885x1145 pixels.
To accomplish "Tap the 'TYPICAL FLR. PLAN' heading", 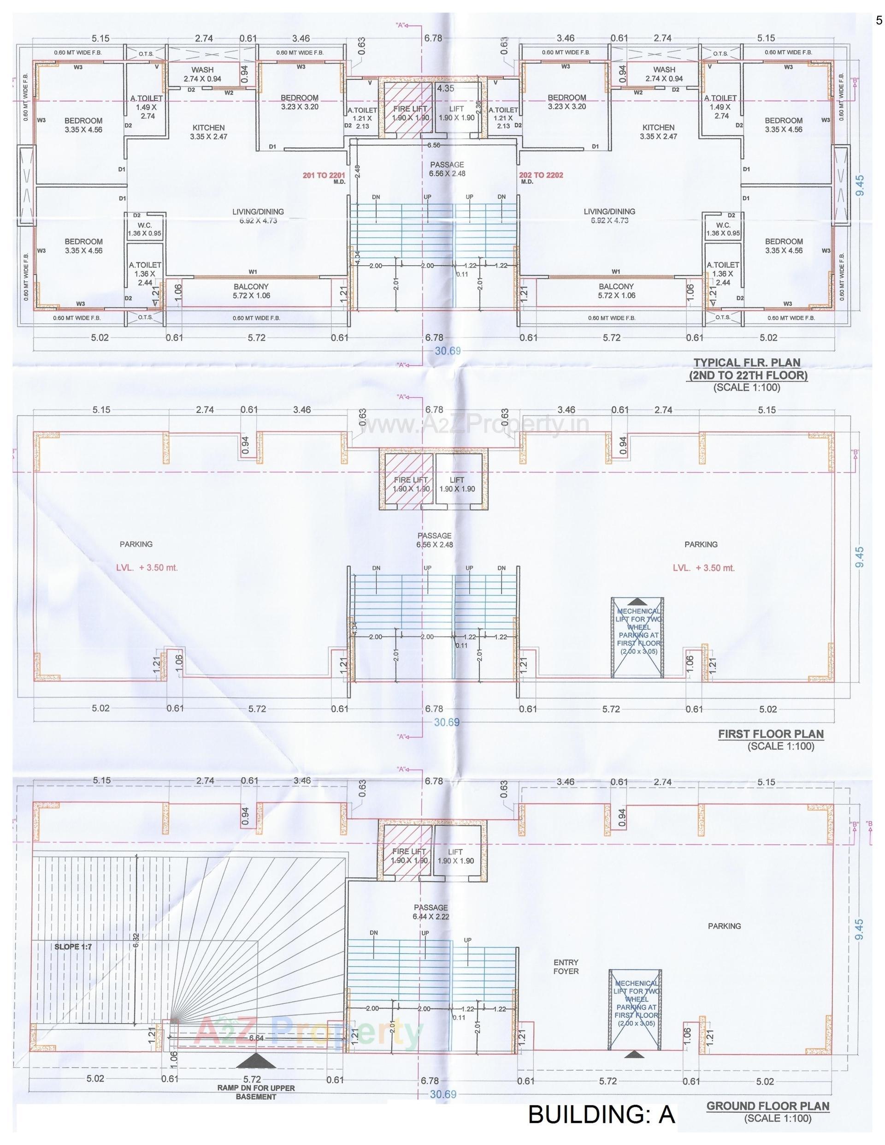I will click(747, 362).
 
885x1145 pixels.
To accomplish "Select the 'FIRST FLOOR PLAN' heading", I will click(770, 734).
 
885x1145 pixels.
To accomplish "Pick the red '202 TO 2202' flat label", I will click(541, 175).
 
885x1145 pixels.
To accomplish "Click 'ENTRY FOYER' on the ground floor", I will click(566, 967).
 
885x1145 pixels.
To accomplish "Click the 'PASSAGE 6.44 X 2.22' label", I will click(431, 912).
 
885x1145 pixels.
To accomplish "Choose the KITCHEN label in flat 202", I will click(658, 131).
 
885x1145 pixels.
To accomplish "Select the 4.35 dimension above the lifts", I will click(446, 89).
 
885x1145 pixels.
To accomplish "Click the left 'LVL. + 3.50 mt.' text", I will click(147, 567).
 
